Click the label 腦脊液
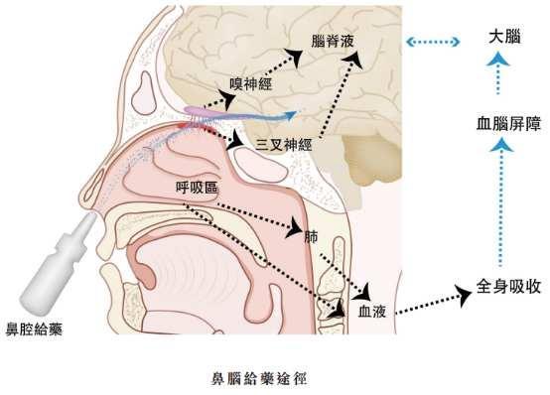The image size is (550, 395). coord(333,41)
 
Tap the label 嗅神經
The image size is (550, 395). coord(251,84)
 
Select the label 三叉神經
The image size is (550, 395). coord(283,145)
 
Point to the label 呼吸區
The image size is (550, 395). coord(197,188)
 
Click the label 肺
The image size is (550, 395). coord(311,237)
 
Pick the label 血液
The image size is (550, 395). coord(372,312)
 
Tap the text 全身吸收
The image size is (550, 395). coord(508,287)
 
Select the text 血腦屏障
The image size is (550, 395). coord(508,124)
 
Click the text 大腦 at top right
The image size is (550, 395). coord(504,37)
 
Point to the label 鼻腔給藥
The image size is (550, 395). coord(34,329)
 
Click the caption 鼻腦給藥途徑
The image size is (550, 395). coord(258,379)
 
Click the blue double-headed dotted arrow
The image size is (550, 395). coord(433,42)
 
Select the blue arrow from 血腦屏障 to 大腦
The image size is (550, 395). coord(497,73)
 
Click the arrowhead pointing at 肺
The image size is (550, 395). coord(294,228)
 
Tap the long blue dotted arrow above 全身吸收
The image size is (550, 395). coord(501,202)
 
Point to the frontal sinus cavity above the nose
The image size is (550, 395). coord(143,93)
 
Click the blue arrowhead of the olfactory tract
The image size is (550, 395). coord(292,115)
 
